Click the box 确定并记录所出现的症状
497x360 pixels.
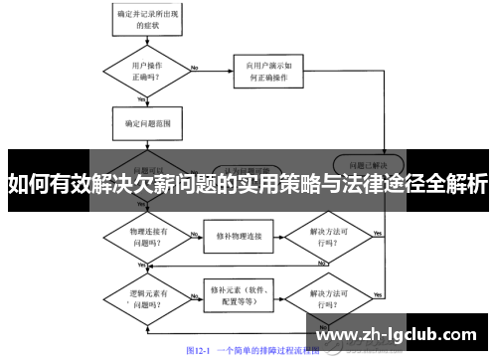[147, 17]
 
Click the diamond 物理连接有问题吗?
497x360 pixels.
[143, 237]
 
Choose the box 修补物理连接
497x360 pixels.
[239, 237]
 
